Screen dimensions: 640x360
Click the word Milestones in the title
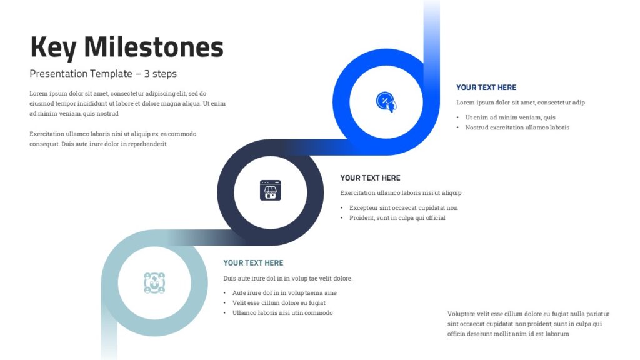(154, 46)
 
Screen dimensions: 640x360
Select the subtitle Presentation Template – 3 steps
(103, 74)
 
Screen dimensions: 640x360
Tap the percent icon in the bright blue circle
(386, 102)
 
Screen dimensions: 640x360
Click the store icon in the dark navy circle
(271, 190)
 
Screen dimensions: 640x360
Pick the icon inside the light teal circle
(154, 283)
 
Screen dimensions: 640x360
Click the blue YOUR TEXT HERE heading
(486, 87)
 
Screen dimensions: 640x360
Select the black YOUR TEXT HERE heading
(370, 178)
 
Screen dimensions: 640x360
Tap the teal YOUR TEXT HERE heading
(253, 263)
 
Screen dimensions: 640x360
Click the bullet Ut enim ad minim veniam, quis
(510, 117)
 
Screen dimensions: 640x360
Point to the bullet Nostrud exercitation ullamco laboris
(517, 127)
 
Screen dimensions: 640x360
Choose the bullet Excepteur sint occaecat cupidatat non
(403, 207)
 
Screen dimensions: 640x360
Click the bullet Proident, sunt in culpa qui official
(397, 218)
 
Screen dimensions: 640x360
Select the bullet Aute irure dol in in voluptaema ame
(284, 292)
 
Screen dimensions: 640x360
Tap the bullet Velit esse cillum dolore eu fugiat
(279, 303)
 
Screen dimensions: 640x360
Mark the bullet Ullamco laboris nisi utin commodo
(282, 313)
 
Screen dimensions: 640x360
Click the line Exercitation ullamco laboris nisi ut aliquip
(401, 193)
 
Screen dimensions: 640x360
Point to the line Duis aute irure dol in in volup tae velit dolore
(287, 278)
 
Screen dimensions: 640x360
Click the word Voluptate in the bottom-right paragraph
(461, 314)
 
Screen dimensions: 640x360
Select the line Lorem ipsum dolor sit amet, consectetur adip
(521, 102)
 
